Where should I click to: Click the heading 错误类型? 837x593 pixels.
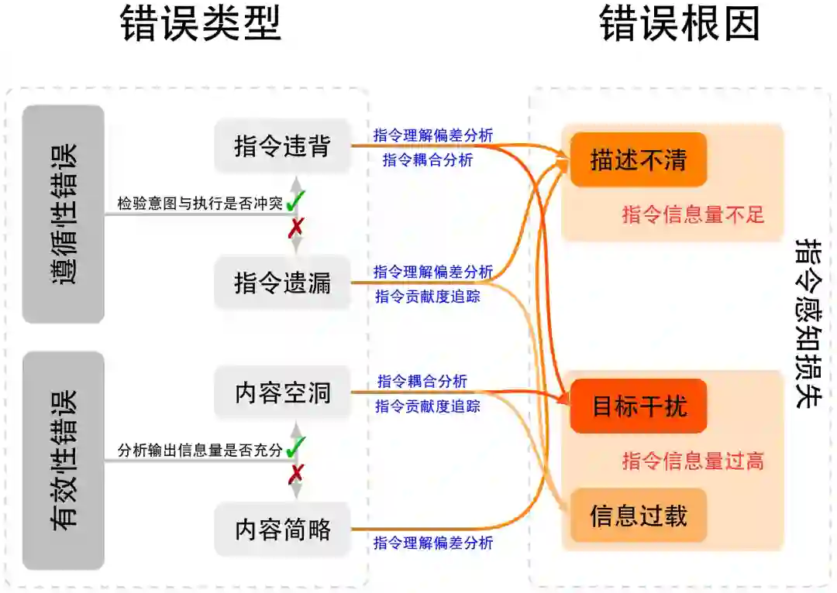pos(201,26)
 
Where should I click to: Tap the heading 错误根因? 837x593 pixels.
pos(680,26)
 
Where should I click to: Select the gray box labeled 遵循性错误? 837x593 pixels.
pos(64,214)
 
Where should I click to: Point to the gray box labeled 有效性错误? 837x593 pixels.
pos(64,461)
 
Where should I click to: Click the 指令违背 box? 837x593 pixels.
pos(282,146)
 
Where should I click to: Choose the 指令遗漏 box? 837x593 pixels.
pos(282,283)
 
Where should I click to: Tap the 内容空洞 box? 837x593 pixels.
pos(282,392)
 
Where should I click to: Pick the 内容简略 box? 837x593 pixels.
pos(282,530)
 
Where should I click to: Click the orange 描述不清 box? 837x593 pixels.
pos(638,159)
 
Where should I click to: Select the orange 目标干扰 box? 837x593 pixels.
pos(639,406)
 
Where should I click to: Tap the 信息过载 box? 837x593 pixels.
pos(639,516)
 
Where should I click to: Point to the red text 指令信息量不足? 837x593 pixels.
pos(693,214)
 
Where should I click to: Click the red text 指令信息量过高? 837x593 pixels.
pos(693,461)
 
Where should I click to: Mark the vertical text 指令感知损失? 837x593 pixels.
pos(809,324)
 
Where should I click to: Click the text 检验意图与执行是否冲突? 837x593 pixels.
pos(200,204)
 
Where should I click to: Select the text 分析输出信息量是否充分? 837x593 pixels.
pos(200,451)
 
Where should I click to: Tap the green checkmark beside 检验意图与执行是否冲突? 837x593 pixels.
pos(295,203)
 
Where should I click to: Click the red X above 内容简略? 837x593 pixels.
pos(295,473)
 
